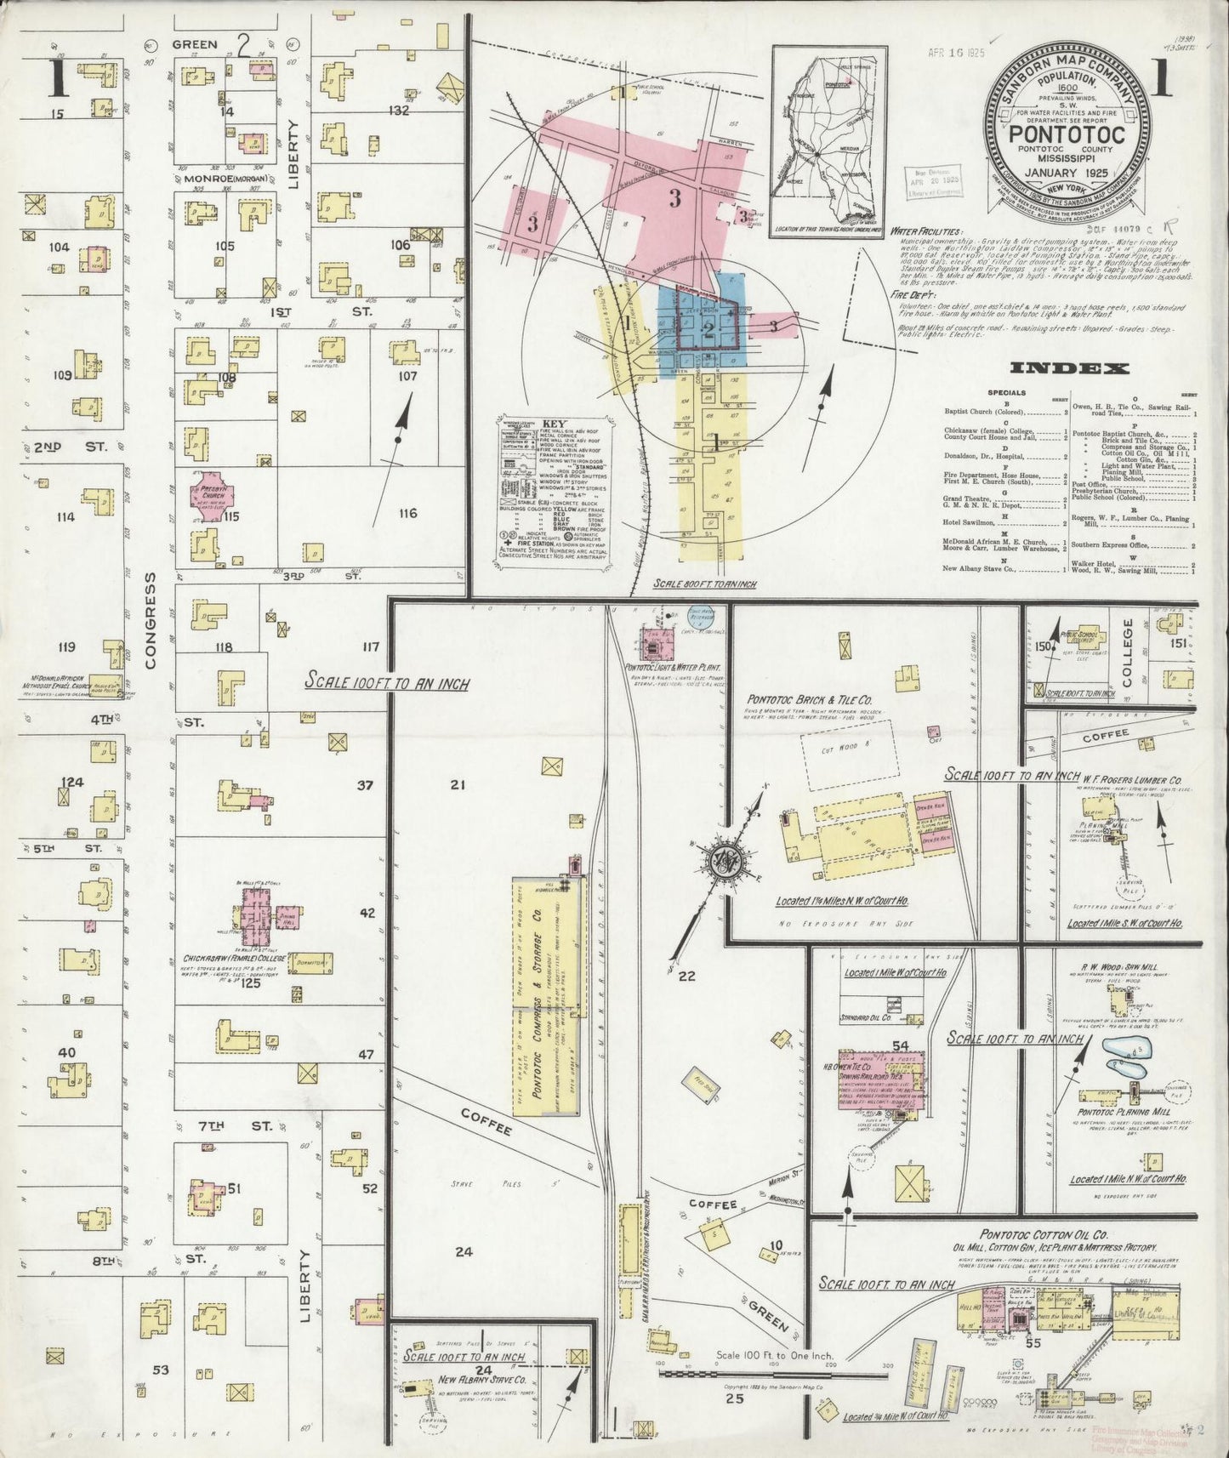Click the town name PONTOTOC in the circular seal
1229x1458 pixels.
tap(1067, 135)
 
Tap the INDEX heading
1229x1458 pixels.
tap(1069, 368)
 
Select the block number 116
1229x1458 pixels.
tap(407, 513)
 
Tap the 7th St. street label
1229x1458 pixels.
tap(223, 1125)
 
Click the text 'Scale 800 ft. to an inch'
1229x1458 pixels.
tap(706, 584)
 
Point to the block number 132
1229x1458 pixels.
tap(399, 111)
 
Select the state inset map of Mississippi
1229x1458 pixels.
tap(825, 140)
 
